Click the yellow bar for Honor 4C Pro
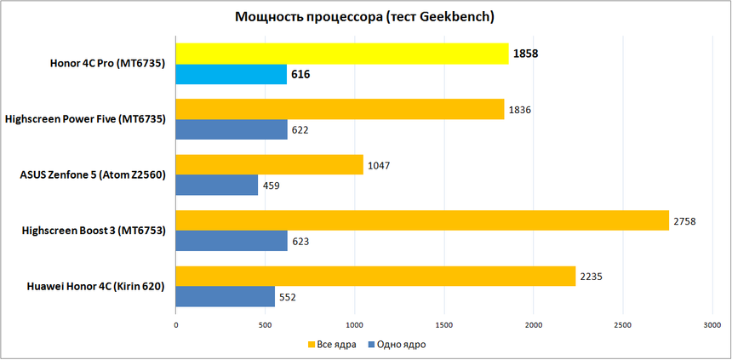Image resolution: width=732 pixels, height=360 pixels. pos(340,54)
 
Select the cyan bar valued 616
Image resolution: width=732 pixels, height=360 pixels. pos(231,75)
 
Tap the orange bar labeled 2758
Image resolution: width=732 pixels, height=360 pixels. pos(421,220)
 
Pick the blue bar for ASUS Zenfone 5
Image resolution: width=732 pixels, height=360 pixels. pos(216,186)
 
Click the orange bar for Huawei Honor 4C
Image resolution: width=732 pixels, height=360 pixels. pos(375,276)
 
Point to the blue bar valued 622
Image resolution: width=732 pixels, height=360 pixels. pos(232,130)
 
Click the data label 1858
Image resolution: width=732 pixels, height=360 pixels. pos(525,54)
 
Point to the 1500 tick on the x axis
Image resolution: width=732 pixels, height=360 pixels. pos(444,325)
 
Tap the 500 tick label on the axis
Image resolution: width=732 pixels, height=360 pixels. pos(266,325)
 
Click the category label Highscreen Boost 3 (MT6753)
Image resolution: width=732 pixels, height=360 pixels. pos(94,231)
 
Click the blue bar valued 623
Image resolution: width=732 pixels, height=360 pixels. pos(232,241)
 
